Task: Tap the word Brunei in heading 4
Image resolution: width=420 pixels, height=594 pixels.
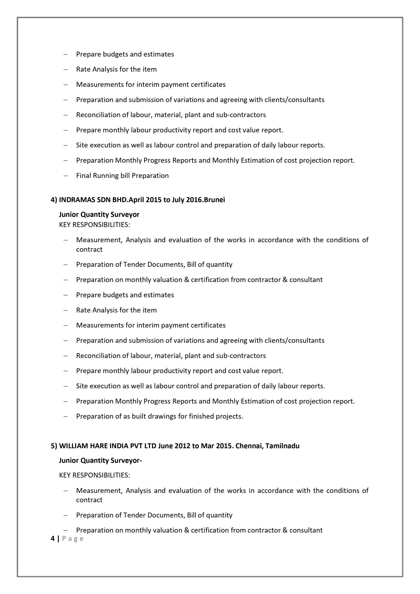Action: point(214,200)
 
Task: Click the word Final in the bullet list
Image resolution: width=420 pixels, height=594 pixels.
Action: point(83,176)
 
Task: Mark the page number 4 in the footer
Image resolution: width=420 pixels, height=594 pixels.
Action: point(53,539)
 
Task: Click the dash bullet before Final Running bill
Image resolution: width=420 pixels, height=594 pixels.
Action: point(65,176)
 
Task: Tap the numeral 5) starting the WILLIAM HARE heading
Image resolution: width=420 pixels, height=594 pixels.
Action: point(54,446)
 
